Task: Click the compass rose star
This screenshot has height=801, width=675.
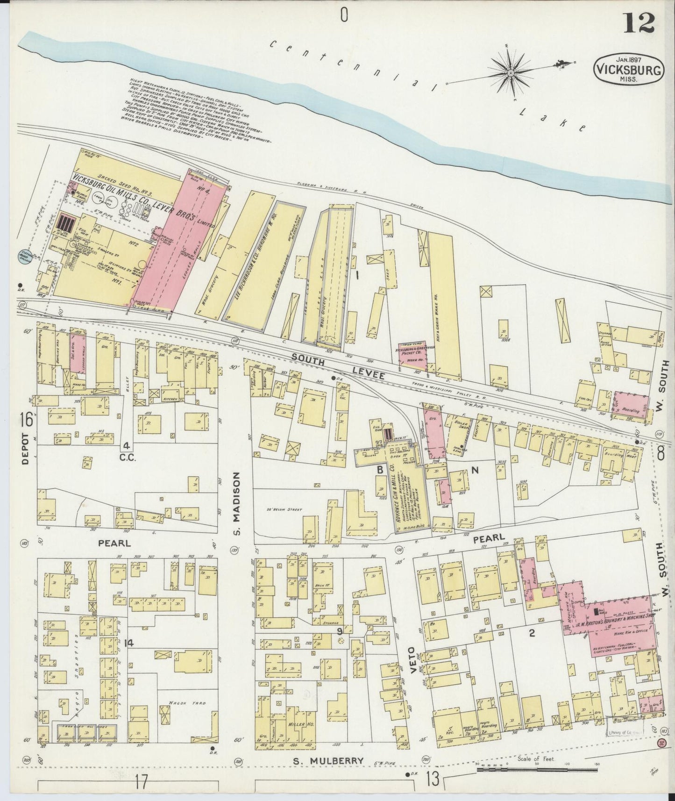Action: point(512,72)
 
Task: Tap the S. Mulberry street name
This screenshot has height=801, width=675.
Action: point(328,761)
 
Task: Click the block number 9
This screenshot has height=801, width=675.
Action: point(340,631)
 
